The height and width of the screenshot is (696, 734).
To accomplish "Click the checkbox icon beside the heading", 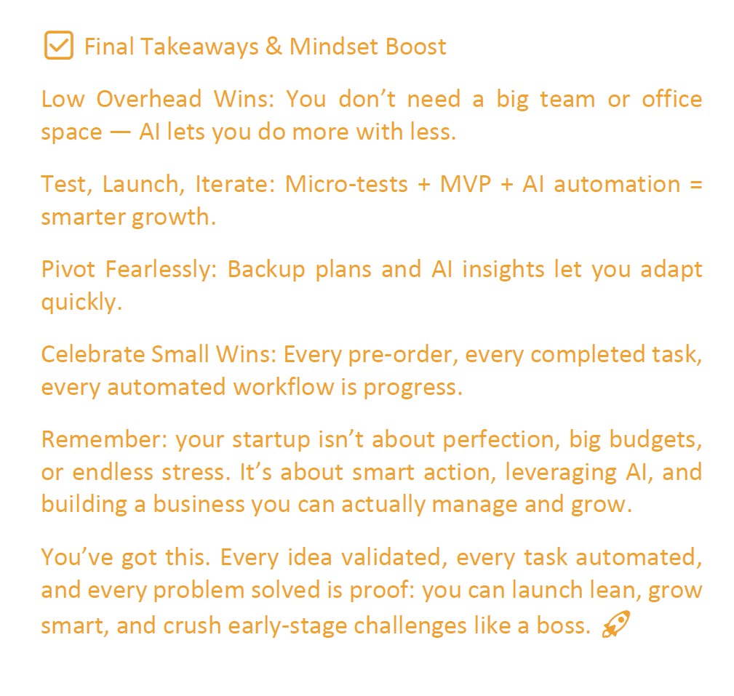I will (x=58, y=47).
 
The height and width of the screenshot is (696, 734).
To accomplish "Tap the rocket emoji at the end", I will (x=615, y=625).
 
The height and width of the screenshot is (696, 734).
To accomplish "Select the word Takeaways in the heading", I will (x=200, y=47).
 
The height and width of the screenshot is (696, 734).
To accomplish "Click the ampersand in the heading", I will (x=274, y=47).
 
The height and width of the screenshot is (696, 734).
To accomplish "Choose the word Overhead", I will (x=150, y=99).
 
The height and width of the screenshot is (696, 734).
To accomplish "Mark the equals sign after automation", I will (x=694, y=184).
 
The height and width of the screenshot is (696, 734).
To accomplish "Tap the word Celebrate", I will (x=93, y=354).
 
